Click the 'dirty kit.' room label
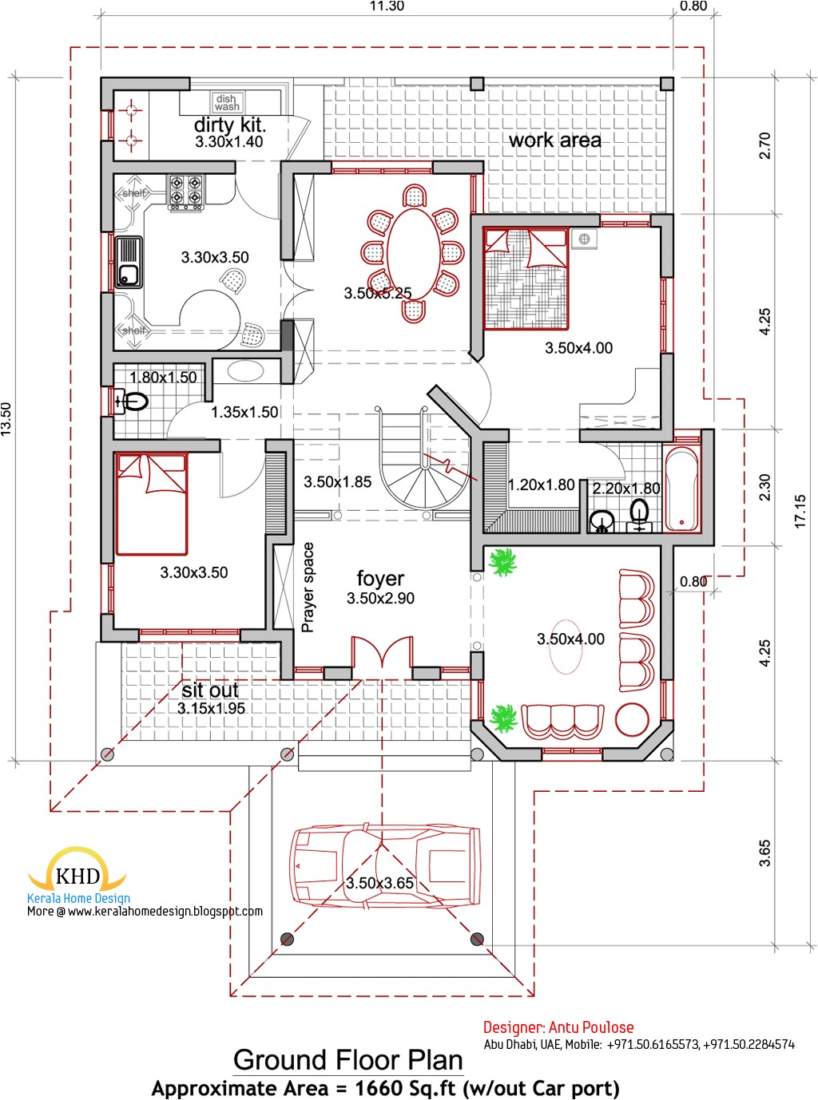(x=229, y=125)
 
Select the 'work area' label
(x=555, y=140)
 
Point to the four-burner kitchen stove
(x=185, y=192)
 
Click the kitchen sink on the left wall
(x=128, y=262)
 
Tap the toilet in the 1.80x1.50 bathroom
(x=132, y=402)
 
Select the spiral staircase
(x=422, y=471)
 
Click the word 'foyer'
(x=380, y=578)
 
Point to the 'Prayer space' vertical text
(x=308, y=588)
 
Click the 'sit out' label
(x=210, y=690)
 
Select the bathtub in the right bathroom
(x=681, y=489)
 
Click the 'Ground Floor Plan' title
(x=348, y=1060)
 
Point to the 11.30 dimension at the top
(x=387, y=6)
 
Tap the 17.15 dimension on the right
(x=800, y=511)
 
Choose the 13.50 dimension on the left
(x=6, y=418)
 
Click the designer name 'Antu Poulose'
(x=592, y=1027)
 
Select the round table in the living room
(x=633, y=719)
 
